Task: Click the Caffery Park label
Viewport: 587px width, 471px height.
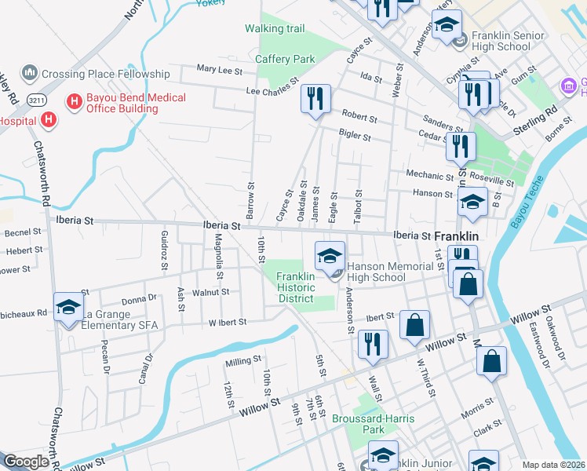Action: (285, 59)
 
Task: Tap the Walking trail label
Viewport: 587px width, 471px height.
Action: (275, 29)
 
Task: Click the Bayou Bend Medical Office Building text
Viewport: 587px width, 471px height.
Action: (136, 103)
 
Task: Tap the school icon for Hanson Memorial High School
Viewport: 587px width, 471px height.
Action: (330, 255)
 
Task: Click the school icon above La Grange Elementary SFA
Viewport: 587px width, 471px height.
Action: (68, 306)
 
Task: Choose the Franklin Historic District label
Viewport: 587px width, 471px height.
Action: (295, 287)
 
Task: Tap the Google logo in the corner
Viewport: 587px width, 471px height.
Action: (26, 462)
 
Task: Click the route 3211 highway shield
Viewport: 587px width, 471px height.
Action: (35, 101)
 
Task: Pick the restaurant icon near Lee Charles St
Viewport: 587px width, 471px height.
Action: (315, 99)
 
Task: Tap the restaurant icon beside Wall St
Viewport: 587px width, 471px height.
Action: (373, 344)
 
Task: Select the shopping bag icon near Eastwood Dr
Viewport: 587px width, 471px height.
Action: (492, 361)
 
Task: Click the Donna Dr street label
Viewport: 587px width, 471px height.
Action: (140, 300)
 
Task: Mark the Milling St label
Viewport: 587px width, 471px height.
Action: (242, 360)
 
